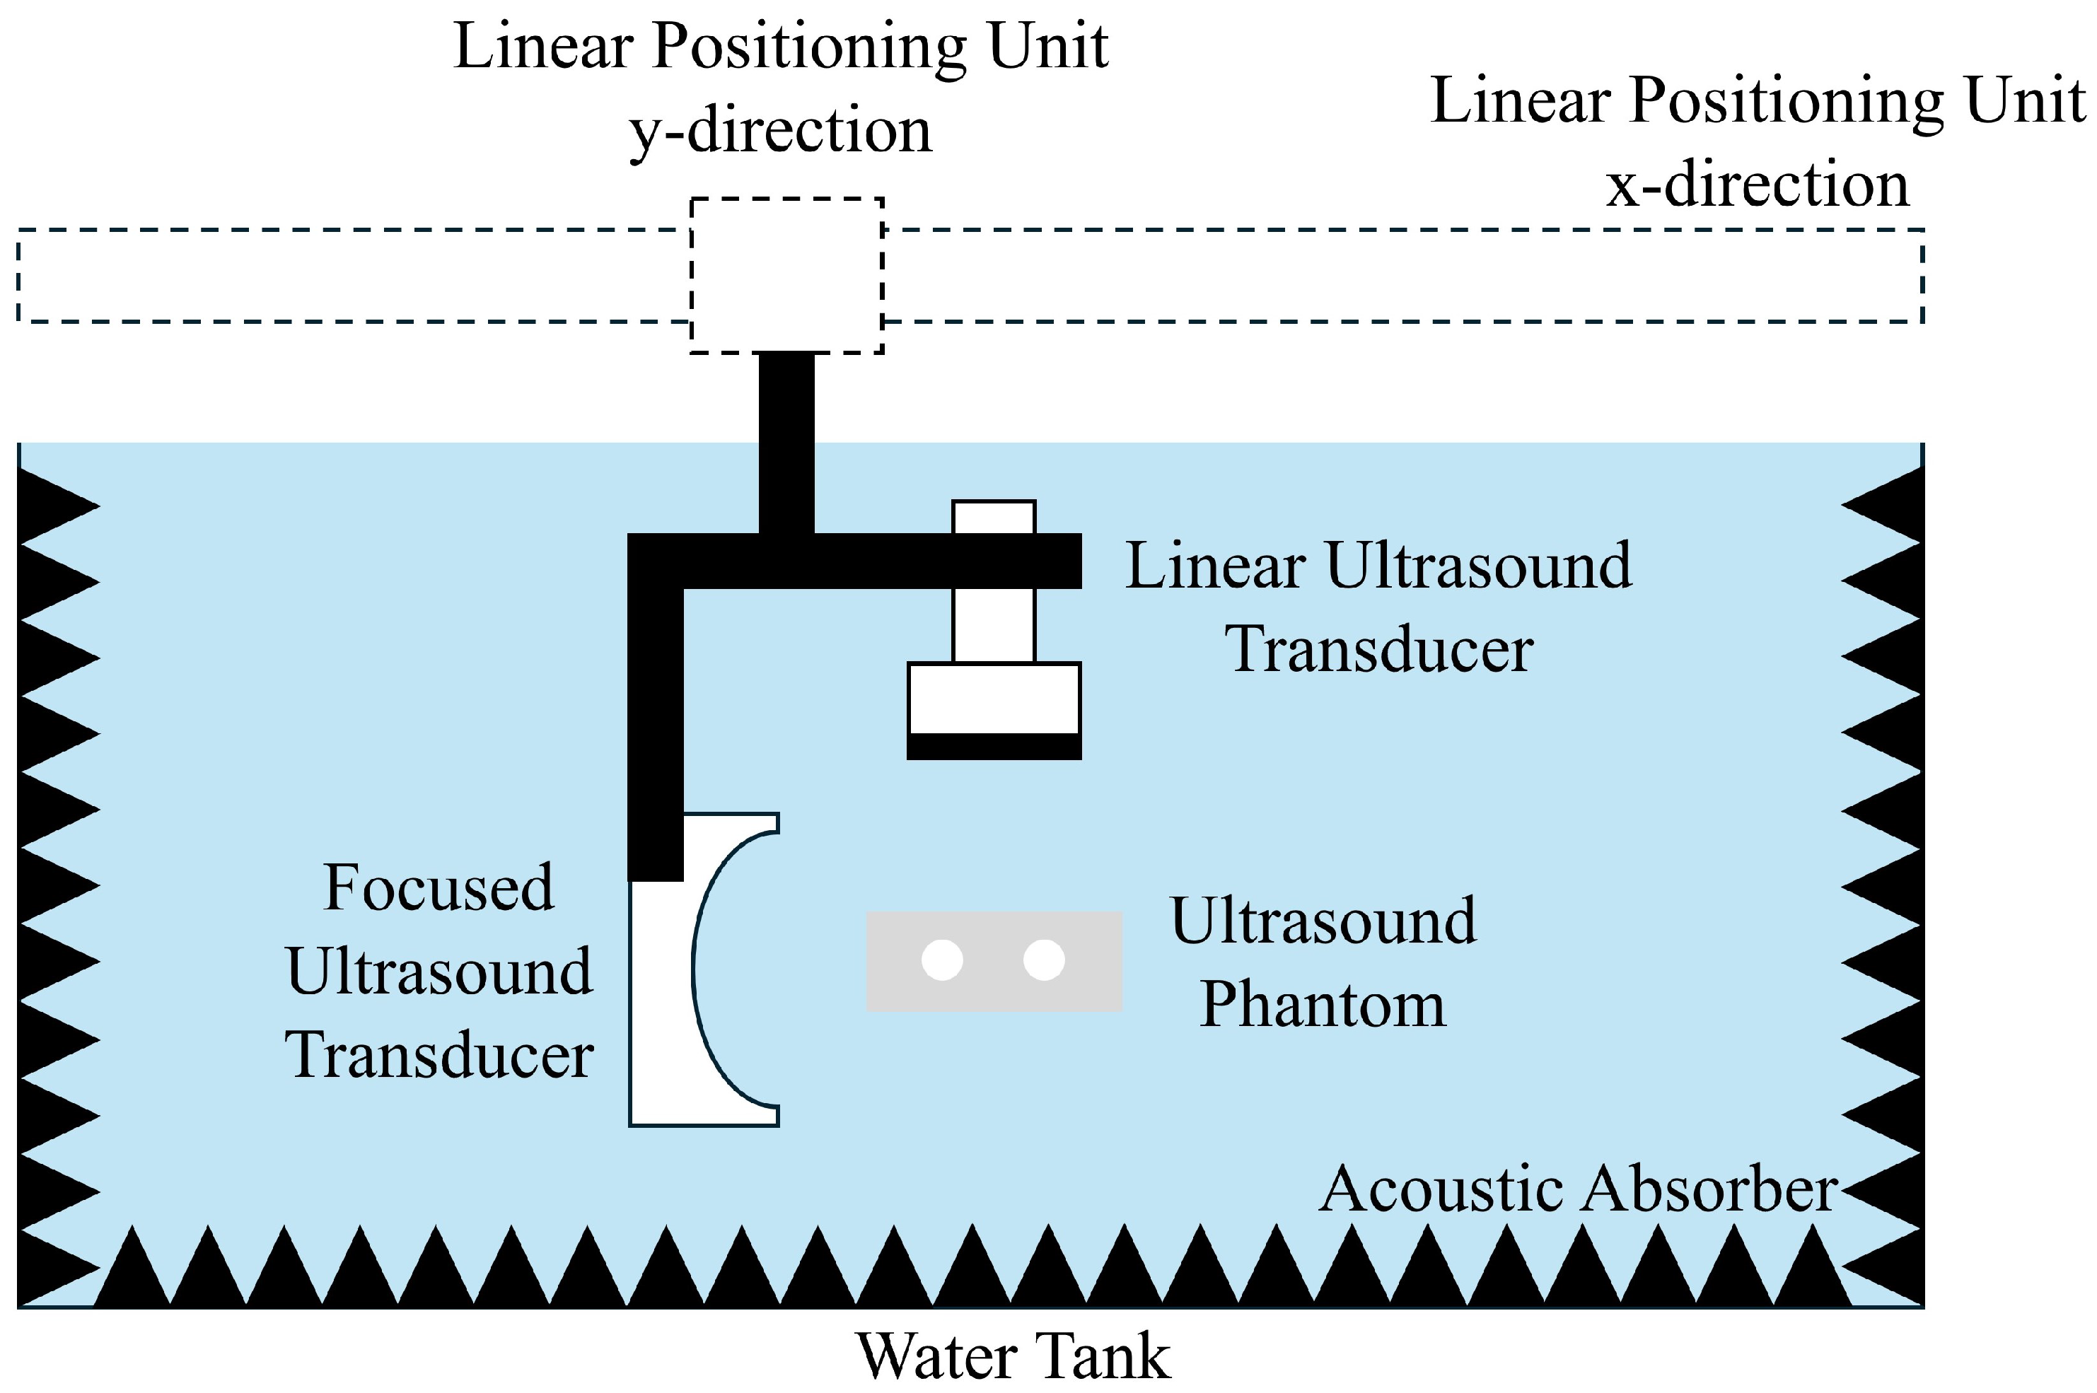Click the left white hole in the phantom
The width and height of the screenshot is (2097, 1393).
[942, 960]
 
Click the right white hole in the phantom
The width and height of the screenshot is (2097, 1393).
[1044, 960]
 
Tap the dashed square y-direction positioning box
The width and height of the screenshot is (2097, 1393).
[786, 275]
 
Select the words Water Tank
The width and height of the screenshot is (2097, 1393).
[1013, 1356]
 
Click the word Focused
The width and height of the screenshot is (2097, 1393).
[439, 887]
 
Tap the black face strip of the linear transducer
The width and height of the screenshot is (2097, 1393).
[994, 746]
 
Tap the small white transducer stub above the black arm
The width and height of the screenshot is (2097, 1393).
[994, 517]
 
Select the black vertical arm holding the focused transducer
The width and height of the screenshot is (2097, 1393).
[656, 728]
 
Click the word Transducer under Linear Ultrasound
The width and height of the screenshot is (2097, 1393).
[1379, 649]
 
